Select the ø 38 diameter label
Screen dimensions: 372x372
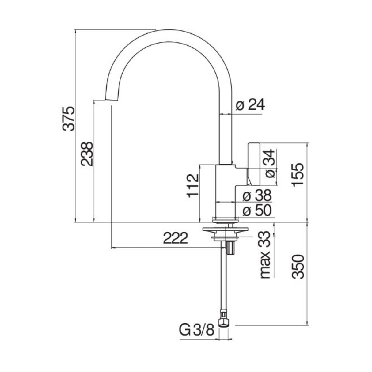257,195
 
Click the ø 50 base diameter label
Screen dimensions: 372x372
257,211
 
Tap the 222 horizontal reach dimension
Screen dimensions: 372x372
175,238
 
